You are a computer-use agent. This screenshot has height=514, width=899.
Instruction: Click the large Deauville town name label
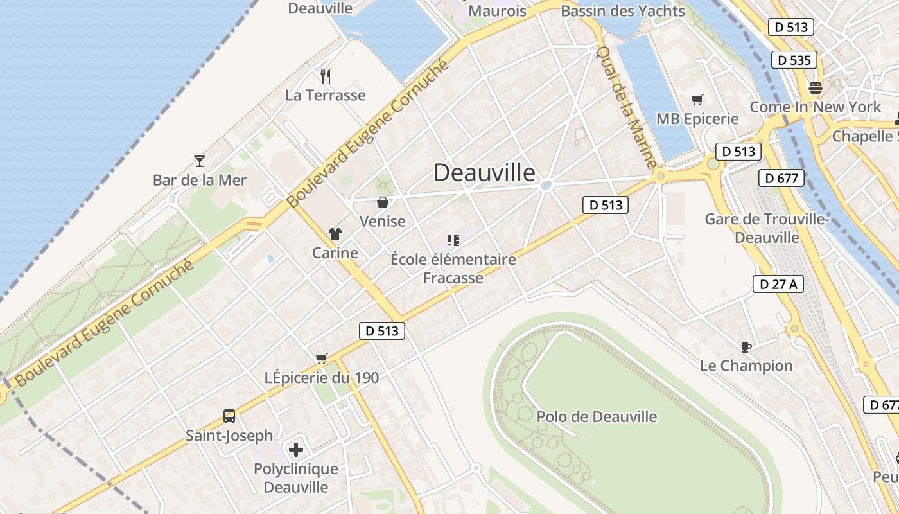[484, 172]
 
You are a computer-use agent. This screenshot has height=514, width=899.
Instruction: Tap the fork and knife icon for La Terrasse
[326, 76]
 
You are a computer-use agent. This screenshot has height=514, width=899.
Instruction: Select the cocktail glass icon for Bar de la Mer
[199, 161]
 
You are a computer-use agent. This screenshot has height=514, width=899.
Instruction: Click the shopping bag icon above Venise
[383, 202]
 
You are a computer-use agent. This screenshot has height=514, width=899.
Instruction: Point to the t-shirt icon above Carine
[335, 234]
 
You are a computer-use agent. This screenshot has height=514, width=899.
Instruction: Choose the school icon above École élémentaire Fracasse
[453, 240]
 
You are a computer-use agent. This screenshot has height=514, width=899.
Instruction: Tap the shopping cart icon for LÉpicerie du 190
[322, 359]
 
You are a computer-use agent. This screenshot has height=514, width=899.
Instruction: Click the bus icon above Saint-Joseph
[229, 416]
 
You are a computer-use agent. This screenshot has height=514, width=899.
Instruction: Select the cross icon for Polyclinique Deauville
[296, 449]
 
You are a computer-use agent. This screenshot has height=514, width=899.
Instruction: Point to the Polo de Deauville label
[597, 416]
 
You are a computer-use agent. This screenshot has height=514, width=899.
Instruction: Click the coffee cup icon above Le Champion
[746, 347]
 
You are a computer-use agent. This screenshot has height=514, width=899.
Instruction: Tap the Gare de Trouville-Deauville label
[767, 228]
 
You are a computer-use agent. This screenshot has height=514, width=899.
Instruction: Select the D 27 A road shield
[778, 283]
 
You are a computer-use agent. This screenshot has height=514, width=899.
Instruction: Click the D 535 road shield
[794, 60]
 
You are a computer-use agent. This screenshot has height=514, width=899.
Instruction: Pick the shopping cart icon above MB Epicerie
[697, 100]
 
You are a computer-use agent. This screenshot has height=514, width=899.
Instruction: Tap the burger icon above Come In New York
[816, 88]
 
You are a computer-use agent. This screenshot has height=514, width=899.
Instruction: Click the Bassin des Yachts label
[622, 11]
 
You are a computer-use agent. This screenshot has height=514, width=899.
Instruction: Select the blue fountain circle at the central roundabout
[546, 185]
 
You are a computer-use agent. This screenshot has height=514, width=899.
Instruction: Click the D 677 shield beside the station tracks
[781, 178]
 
